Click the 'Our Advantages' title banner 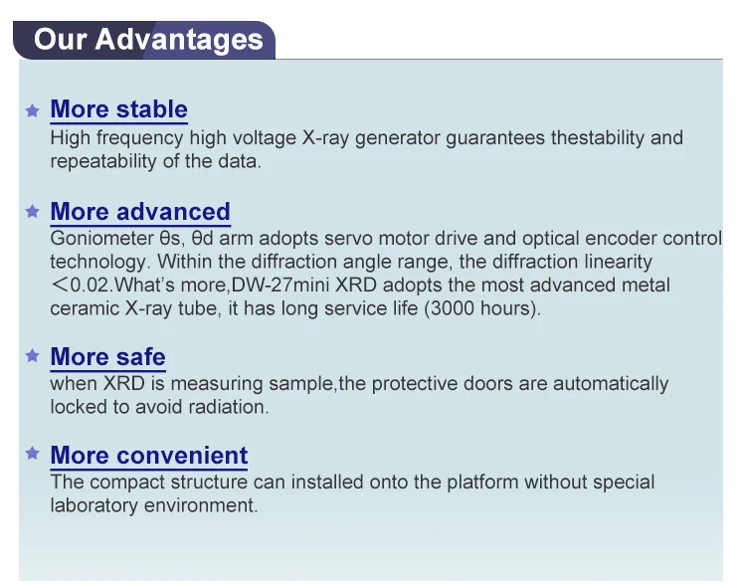pos(147,40)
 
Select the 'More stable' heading pos(118,109)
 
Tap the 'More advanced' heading pos(140,212)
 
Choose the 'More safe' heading pos(107,356)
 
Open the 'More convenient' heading pos(148,456)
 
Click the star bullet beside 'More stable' pos(33,110)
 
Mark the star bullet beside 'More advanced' pos(33,212)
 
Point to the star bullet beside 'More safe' pos(33,356)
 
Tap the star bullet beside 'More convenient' pos(33,455)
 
